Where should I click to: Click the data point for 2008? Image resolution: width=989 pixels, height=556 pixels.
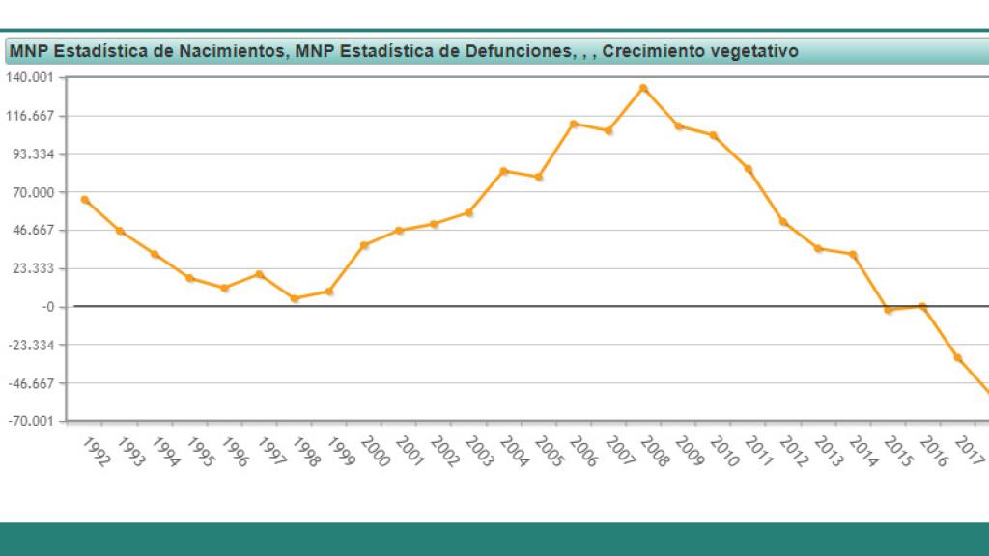[643, 88]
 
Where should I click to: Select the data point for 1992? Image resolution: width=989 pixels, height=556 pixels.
[85, 200]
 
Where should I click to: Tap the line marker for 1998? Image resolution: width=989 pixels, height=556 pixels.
[295, 298]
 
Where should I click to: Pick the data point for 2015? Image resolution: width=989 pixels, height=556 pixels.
[889, 310]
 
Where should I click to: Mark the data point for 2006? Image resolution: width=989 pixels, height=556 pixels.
[574, 124]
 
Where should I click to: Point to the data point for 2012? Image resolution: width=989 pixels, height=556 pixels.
[783, 222]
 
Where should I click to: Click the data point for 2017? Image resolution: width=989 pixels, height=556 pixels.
[958, 358]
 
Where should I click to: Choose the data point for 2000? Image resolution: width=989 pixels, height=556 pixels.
[364, 245]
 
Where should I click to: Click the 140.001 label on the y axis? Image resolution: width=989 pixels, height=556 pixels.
[32, 78]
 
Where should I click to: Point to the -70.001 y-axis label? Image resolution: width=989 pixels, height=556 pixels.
[32, 421]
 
